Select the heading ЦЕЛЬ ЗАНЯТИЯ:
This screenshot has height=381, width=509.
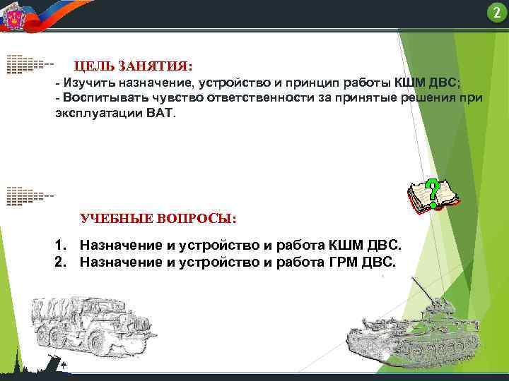coord(133,66)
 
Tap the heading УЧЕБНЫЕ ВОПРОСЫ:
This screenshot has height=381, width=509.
coord(159,218)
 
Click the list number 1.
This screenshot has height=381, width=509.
coord(61,246)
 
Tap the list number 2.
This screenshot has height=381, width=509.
coord(61,262)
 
